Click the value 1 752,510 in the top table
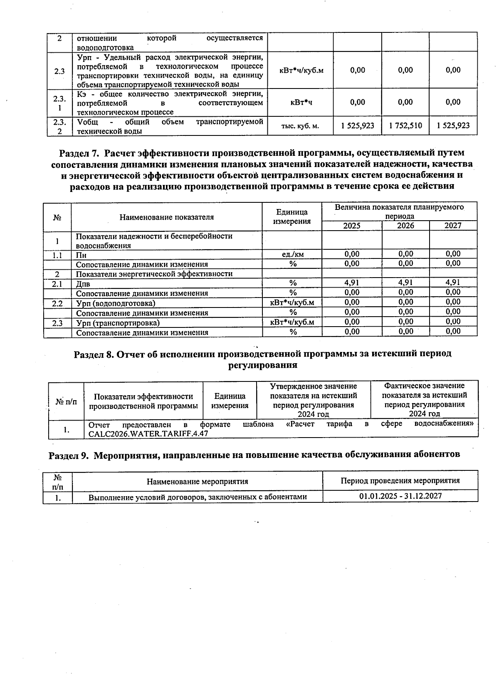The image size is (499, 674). [x=405, y=126]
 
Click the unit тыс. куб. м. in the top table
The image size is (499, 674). [x=300, y=126]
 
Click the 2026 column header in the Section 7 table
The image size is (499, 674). [x=405, y=226]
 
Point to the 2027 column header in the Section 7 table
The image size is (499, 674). [x=453, y=226]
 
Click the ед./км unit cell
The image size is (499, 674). [x=292, y=254]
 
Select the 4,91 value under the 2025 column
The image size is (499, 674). [x=352, y=283]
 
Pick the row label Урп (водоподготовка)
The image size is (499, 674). [x=116, y=303]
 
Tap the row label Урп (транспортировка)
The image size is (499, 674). [x=118, y=323]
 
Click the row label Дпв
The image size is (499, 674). [x=83, y=284]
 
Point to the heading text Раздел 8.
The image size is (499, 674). [x=94, y=354]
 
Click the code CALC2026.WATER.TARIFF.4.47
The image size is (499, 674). [x=148, y=433]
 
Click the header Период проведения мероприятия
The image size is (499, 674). [x=400, y=481]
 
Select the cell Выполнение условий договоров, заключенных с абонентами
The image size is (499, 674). [x=198, y=497]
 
